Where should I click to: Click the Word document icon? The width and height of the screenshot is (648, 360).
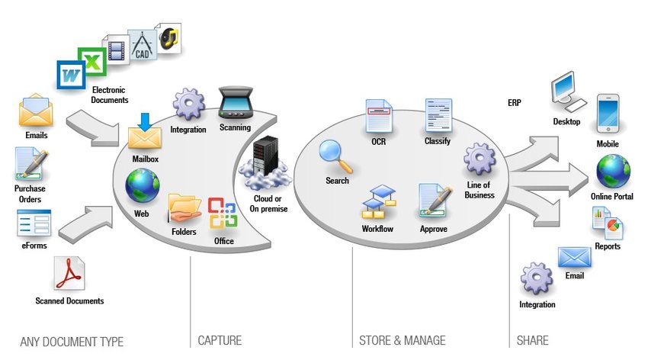point(71,76)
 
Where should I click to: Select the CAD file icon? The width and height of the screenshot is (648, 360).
point(141,44)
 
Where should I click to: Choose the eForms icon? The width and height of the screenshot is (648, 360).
point(34,223)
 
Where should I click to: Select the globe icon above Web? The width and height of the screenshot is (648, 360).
point(142,185)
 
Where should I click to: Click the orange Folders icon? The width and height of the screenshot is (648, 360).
point(184,207)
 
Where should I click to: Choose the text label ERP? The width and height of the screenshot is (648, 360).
point(515,103)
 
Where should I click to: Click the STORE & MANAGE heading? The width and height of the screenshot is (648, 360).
point(402,340)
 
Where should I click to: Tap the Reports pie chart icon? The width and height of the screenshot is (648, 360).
point(608,223)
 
